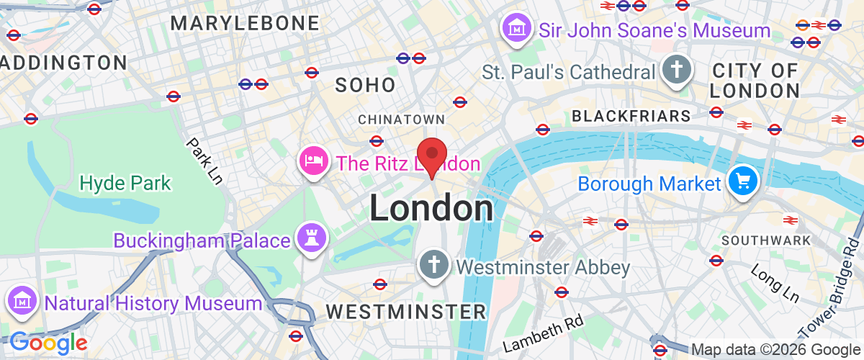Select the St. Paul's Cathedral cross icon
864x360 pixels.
(678, 71)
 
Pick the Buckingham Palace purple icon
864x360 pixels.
(312, 239)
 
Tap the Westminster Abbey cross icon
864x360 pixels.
(434, 266)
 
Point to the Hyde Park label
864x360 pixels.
(126, 183)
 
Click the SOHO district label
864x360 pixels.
(366, 85)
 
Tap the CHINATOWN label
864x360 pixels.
(401, 118)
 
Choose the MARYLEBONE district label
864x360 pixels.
(245, 23)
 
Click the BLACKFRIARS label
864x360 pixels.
(631, 116)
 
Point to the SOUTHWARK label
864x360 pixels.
(765, 240)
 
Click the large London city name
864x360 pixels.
(431, 208)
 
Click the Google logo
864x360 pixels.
(49, 343)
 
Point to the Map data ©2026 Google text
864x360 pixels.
(776, 350)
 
